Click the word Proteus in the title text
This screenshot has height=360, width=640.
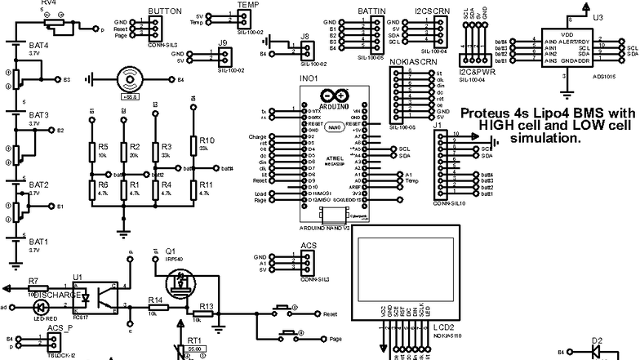click(x=484, y=113)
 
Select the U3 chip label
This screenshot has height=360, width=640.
click(x=598, y=16)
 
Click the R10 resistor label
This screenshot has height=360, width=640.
click(x=207, y=140)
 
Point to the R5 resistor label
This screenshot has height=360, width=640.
click(x=103, y=145)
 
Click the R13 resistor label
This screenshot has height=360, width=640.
click(x=207, y=306)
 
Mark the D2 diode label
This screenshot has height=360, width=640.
click(x=597, y=340)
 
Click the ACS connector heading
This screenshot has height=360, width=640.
click(x=309, y=245)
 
